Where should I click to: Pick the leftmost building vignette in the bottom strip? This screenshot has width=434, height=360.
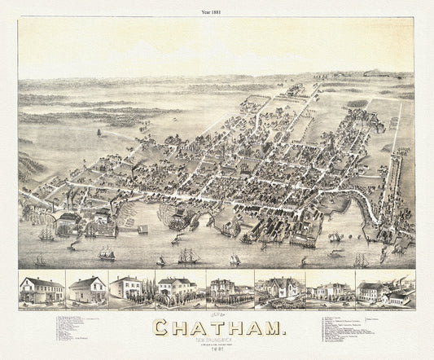pos(42,290)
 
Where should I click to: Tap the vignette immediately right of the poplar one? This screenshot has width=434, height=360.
pos(229,290)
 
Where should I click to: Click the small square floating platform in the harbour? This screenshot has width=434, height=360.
pos(142,230)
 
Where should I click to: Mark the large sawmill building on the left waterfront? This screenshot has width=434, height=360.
pos(68,220)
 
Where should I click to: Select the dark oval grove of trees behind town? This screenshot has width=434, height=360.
pos(356,104)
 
